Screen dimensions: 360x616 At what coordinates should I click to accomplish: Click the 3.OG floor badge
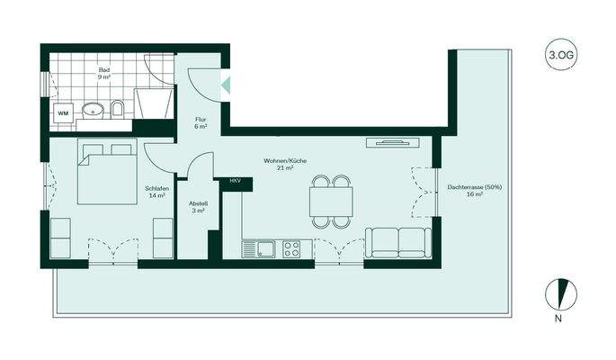(x=560, y=56)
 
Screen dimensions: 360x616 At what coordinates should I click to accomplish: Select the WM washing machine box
(x=63, y=113)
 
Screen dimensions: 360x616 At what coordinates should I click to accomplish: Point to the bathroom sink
(x=92, y=112)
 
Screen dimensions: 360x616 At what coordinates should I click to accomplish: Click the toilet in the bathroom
(x=118, y=111)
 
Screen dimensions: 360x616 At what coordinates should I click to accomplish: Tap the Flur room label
(x=201, y=120)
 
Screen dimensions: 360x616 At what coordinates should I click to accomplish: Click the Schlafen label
(x=156, y=188)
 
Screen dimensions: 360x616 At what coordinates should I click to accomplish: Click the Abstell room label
(x=199, y=203)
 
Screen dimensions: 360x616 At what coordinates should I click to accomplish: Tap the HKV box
(x=235, y=182)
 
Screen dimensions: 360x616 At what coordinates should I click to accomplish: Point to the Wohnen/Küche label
(x=285, y=160)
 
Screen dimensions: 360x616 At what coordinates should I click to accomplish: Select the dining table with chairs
(x=330, y=201)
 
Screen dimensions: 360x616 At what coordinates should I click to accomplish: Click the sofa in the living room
(x=397, y=243)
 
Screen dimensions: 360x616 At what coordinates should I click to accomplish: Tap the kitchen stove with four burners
(x=292, y=248)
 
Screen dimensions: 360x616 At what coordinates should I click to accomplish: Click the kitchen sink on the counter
(x=264, y=248)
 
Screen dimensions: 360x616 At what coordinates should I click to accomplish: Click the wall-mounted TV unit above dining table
(x=392, y=141)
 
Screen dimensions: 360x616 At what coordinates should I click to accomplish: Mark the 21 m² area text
(x=285, y=168)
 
